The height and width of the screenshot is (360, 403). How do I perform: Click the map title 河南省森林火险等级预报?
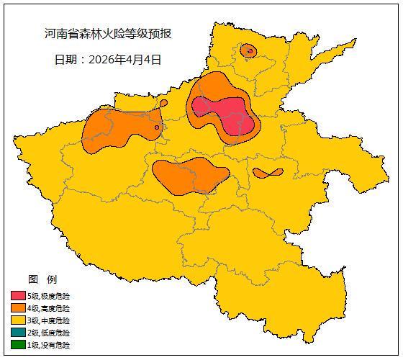point(108,34)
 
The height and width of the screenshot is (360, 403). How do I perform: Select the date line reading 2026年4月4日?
point(108,60)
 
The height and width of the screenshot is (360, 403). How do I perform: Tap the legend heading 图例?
point(42,279)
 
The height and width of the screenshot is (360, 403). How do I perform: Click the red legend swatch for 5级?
point(18,296)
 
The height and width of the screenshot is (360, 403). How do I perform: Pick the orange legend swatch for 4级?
point(18,308)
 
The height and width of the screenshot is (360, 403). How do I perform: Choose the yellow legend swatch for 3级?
point(18,320)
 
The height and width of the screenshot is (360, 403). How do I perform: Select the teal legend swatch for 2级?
point(18,333)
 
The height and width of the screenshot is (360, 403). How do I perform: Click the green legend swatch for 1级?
point(18,345)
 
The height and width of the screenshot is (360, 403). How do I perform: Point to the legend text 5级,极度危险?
point(49,296)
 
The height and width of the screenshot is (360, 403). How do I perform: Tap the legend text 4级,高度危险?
point(49,308)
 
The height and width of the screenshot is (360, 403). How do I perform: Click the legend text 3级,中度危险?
point(49,320)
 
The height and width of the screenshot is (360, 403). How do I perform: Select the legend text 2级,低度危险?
point(49,333)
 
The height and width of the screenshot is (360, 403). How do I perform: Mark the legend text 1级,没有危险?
point(49,345)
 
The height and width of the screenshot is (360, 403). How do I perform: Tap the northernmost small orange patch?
point(248,50)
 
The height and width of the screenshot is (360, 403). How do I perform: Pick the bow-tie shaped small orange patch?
point(268,173)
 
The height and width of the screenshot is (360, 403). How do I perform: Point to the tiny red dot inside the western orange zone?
point(156,128)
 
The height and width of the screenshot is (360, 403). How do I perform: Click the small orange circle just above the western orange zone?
point(163,103)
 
